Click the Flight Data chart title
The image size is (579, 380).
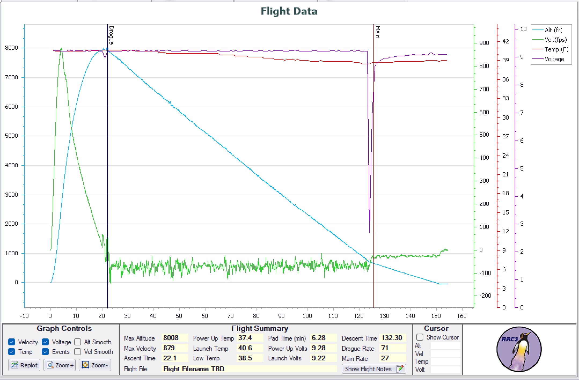click(289, 11)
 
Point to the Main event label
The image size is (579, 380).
click(378, 32)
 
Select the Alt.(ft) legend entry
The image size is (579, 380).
click(553, 30)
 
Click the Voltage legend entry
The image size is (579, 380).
click(554, 59)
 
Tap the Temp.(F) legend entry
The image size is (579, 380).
click(556, 50)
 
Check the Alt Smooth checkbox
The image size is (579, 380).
click(78, 342)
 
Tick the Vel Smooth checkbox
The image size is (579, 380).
click(78, 352)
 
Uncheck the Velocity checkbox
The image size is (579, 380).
click(12, 342)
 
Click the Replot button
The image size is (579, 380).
click(24, 365)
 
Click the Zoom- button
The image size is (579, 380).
click(95, 365)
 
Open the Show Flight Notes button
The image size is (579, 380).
click(373, 369)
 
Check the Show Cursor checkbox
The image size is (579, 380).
click(420, 337)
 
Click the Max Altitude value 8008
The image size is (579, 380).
click(171, 338)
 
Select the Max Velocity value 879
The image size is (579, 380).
click(169, 348)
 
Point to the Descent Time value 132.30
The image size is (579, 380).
click(392, 338)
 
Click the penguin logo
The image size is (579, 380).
click(519, 349)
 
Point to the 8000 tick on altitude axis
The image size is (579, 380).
click(12, 48)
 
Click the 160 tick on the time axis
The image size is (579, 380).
click(461, 316)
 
